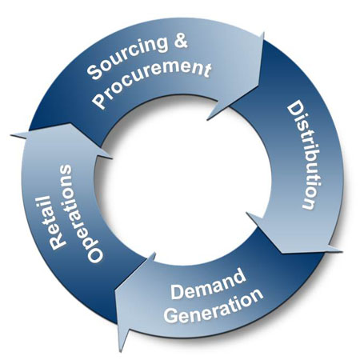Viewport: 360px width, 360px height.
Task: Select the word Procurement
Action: click(152, 81)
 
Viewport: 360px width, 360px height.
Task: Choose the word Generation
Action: click(214, 307)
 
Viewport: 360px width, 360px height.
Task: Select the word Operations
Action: click(82, 214)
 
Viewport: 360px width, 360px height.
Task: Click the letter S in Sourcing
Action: click(94, 72)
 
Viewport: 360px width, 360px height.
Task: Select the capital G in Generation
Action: click(172, 315)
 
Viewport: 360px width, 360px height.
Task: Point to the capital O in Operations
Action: click(95, 254)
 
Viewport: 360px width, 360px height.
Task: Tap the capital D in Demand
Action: click(178, 292)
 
